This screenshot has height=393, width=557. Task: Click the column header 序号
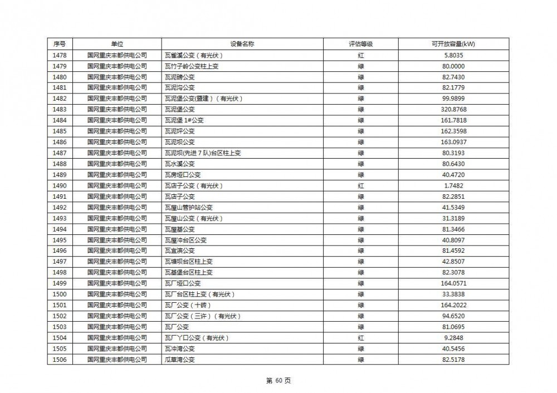click(60, 44)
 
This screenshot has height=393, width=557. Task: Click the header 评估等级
click(360, 44)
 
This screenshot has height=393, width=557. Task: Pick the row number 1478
click(60, 55)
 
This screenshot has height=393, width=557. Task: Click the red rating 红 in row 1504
click(360, 338)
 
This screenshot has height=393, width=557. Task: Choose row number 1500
click(60, 294)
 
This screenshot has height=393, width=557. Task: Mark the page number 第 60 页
click(278, 381)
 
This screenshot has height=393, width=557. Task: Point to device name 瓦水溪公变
click(180, 164)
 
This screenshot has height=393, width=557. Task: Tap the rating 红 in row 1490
click(360, 185)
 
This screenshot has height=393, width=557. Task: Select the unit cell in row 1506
click(117, 360)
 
